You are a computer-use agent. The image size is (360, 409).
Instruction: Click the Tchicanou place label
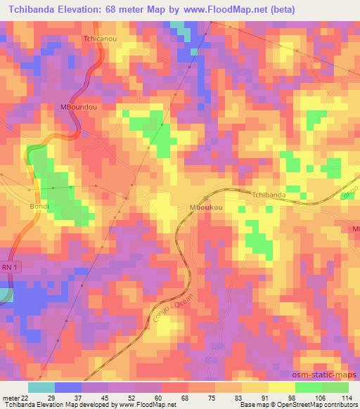98,39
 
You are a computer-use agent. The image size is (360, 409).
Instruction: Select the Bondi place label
38,209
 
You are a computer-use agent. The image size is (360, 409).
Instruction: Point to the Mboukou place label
206,208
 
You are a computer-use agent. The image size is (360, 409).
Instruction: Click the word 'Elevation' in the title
83,8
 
